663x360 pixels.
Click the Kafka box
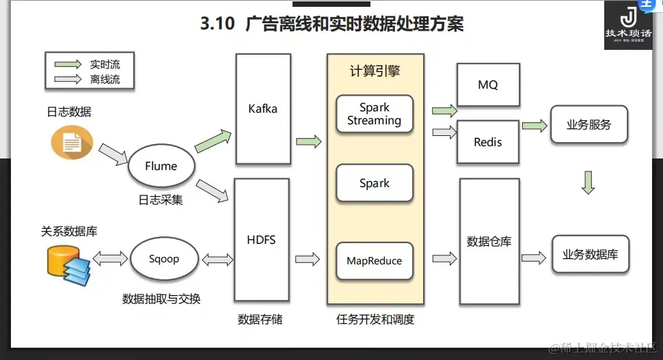click(x=263, y=109)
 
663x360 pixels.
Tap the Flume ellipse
click(x=161, y=166)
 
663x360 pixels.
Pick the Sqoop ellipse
click(x=163, y=260)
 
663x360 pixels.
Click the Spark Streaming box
click(x=374, y=114)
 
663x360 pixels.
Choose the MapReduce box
click(x=374, y=261)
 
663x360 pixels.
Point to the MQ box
click(x=488, y=85)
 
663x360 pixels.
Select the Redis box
click(x=488, y=142)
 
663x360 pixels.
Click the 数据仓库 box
click(x=489, y=241)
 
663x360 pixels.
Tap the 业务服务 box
click(x=588, y=125)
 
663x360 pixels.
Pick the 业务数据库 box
click(x=590, y=255)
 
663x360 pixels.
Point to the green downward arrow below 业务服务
click(x=588, y=182)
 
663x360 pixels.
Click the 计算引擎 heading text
click(x=375, y=71)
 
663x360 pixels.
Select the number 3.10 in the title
click(x=217, y=25)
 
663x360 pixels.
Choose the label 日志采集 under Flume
click(x=161, y=200)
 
